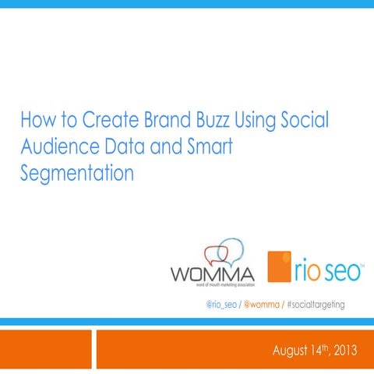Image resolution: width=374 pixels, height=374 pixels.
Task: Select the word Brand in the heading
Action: click(x=164, y=122)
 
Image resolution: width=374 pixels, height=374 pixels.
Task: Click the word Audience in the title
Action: click(x=58, y=146)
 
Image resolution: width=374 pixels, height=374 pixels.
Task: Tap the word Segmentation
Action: click(x=76, y=172)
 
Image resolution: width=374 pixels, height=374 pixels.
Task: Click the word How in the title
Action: click(x=35, y=122)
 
